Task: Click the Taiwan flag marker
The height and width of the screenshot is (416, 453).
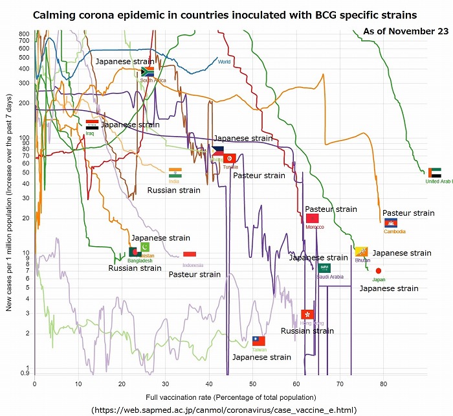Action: point(259,341)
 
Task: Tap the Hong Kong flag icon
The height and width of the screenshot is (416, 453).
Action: point(307,314)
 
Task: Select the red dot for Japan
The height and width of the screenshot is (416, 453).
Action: point(379,271)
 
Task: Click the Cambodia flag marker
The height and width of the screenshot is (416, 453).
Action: point(391,223)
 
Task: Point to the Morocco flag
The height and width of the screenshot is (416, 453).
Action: point(312,218)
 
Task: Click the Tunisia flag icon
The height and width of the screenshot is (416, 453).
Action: point(229,158)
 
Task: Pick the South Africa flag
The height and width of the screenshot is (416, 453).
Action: point(147,71)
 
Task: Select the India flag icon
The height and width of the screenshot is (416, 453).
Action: point(175,172)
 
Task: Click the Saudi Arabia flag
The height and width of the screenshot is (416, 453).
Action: point(325,267)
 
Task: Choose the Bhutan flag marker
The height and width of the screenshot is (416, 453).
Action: point(361,251)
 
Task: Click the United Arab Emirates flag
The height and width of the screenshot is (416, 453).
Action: point(435,173)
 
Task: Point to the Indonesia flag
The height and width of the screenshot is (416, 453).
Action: point(190,255)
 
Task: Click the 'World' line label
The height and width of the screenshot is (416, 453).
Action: point(224,62)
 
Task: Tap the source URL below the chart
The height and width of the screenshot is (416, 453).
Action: point(224,410)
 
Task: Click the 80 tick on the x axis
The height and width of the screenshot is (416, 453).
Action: point(383,383)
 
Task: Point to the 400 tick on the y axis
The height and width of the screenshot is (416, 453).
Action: point(25,69)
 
